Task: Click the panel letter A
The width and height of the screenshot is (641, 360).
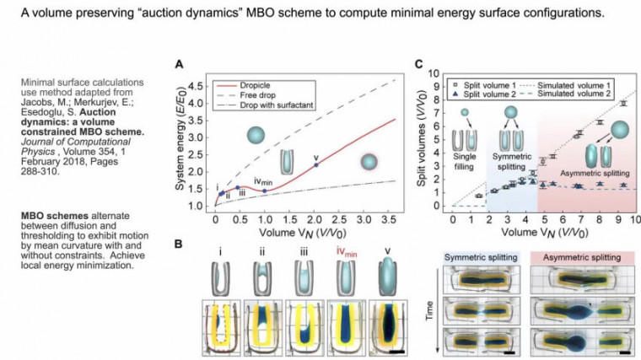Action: pos(178,64)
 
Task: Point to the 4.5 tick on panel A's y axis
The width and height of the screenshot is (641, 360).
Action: pos(200,86)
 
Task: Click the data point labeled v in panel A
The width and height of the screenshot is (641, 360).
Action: pos(316,164)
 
